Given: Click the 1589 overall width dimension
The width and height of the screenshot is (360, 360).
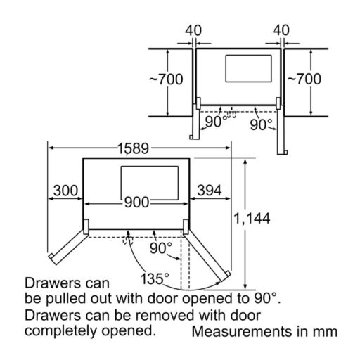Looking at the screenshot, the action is coord(133,148).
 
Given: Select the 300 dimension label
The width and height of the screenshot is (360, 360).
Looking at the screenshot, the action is coord(65,191).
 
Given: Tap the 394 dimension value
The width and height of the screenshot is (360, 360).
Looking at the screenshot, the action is coord(210,191).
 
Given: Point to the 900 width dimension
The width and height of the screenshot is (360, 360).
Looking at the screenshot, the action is coord(136,202).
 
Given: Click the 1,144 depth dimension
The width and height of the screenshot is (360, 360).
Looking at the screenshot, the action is coord(252,219).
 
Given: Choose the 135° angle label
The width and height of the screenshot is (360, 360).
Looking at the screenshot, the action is coord(155,278).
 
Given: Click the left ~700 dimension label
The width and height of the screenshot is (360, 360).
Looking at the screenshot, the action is coord(166,79).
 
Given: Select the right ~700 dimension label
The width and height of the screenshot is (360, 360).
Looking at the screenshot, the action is coord(304,79).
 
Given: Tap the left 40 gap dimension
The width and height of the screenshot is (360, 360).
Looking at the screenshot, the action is coord(193,30).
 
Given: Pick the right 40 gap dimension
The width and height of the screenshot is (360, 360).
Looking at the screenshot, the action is coord(281,30).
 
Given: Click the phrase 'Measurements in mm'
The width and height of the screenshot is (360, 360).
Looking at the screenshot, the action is coord(264,332).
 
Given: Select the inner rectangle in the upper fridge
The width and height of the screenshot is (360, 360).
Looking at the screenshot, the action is coord(248,69).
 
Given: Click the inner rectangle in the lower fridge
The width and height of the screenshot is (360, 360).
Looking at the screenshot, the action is coord(150,183).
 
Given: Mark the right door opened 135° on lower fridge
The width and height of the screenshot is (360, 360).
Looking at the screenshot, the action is coord(207,255).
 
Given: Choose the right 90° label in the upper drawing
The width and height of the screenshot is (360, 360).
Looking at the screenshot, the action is coord(261,124).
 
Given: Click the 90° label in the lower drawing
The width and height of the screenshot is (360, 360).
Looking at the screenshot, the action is coord(161,248).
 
